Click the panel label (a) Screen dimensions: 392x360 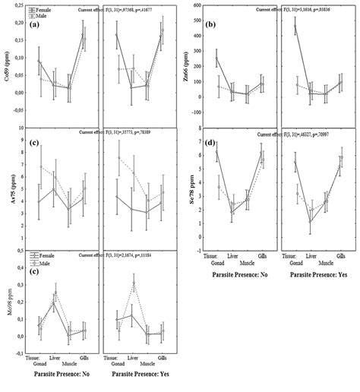[36, 24]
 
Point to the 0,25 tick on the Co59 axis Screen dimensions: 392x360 [17, 5]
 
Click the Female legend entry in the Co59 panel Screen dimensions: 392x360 [41, 9]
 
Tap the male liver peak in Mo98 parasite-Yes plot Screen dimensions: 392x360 [133, 283]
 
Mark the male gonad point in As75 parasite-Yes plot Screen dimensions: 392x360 [118, 158]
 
